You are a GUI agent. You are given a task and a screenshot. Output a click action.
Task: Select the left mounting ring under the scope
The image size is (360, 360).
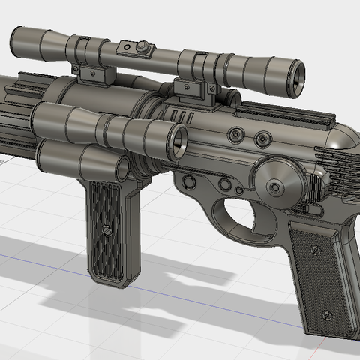94,74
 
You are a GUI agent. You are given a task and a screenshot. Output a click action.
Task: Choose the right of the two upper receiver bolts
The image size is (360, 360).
262,139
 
